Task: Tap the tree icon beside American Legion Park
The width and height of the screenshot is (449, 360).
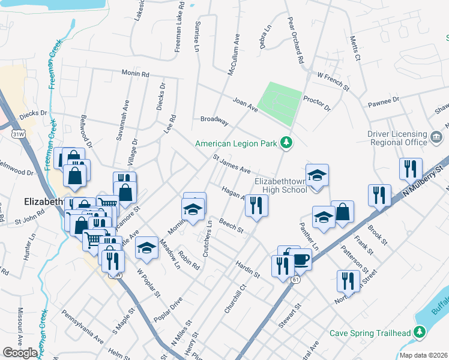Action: click(x=288, y=143)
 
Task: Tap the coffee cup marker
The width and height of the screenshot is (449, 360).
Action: click(x=301, y=259)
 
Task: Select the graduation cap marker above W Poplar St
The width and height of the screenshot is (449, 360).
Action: click(x=146, y=248)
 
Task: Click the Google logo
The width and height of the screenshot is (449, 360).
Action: click(x=20, y=353)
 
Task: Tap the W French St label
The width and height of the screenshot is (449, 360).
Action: click(x=333, y=81)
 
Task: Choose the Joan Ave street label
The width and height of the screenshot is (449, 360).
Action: click(x=245, y=105)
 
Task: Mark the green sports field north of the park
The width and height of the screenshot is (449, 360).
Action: click(x=280, y=103)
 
